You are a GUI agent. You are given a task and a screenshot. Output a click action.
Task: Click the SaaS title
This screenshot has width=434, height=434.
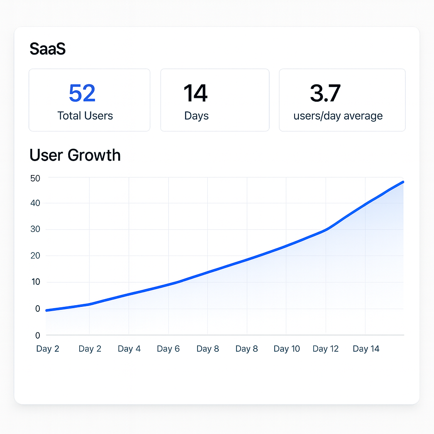pyautogui.click(x=47, y=49)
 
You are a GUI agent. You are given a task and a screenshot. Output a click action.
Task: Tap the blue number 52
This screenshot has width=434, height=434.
pyautogui.click(x=82, y=93)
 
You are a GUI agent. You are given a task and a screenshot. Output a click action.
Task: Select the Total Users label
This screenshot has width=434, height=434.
pyautogui.click(x=85, y=116)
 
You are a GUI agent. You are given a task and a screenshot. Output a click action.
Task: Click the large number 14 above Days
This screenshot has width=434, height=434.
pyautogui.click(x=195, y=93)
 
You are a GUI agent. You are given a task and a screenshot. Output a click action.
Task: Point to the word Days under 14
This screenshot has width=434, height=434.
pyautogui.click(x=196, y=116)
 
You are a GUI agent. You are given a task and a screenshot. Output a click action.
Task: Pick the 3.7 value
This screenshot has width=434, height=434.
pyautogui.click(x=325, y=93)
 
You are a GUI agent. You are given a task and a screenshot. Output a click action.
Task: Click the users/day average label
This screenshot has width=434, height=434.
pyautogui.click(x=338, y=116)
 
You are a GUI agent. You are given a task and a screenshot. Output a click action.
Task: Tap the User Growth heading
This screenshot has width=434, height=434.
pyautogui.click(x=75, y=155)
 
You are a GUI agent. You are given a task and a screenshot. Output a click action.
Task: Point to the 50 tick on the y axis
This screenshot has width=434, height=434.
pyautogui.click(x=35, y=178)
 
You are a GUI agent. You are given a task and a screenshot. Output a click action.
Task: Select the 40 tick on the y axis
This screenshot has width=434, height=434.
pyautogui.click(x=35, y=203)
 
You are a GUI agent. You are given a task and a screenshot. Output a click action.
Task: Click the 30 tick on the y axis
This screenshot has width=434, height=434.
pyautogui.click(x=35, y=229)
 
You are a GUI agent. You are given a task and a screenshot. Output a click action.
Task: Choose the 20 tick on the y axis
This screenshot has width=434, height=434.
pyautogui.click(x=35, y=256)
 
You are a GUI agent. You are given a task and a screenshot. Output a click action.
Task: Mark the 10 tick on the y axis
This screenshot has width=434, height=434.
pyautogui.click(x=35, y=282)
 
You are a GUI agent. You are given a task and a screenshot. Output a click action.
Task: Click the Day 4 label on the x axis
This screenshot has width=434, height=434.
pyautogui.click(x=129, y=349)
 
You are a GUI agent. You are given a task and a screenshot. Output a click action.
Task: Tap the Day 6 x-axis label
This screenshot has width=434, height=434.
pyautogui.click(x=168, y=349)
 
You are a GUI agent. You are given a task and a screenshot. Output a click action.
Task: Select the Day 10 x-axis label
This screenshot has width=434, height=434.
pyautogui.click(x=287, y=349)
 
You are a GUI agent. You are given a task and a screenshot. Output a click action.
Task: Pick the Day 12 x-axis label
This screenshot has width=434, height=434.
pyautogui.click(x=325, y=349)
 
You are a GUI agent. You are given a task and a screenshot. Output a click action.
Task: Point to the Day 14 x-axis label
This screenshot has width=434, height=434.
pyautogui.click(x=366, y=349)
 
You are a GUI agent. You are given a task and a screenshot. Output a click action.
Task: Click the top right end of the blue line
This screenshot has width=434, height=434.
pyautogui.click(x=403, y=182)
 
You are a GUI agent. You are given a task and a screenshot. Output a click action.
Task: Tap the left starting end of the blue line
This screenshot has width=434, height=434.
pyautogui.click(x=47, y=310)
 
